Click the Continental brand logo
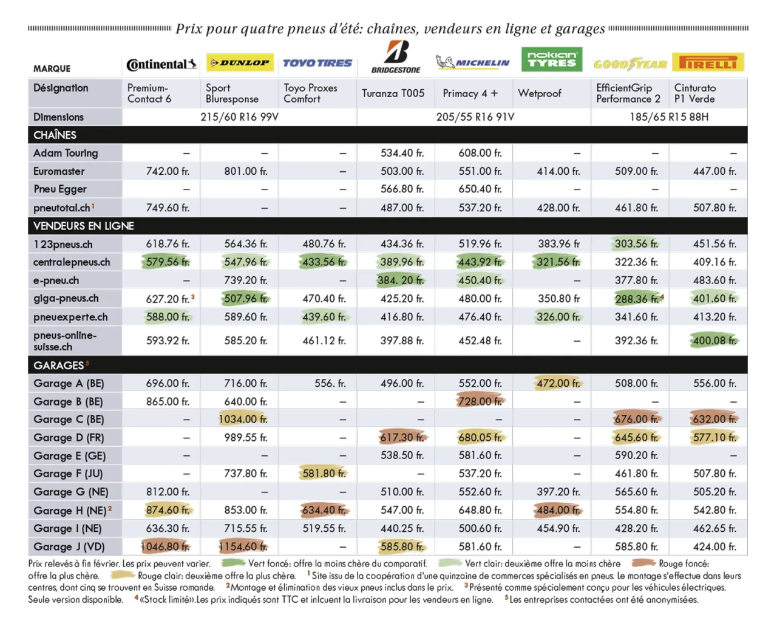pos(161,64)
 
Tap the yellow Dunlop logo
pos(240,63)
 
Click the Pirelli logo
pos(708,63)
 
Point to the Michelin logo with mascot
pos(473,62)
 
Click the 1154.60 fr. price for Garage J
pos(243,546)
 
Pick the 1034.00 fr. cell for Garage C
pos(243,419)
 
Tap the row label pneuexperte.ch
pos(70,317)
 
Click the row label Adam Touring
pos(66,153)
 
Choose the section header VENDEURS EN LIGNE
pos(84,226)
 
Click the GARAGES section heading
pos(59,365)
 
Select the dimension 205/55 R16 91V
pos(475,117)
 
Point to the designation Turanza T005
pos(393,93)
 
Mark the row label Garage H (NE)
pos(70,510)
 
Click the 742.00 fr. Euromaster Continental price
pos(168,171)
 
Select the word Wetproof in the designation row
pos(540,93)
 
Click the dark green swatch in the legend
pos(232,563)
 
